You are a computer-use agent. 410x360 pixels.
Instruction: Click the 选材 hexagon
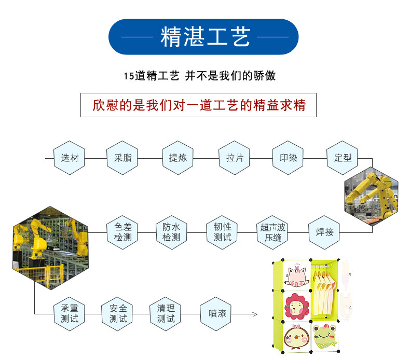69,158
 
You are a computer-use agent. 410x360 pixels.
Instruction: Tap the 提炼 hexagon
177,158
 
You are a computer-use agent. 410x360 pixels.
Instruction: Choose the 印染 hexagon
288,158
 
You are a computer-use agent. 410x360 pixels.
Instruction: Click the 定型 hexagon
343,158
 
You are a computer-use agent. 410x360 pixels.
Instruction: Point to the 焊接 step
324,232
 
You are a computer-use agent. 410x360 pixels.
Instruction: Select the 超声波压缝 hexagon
273,232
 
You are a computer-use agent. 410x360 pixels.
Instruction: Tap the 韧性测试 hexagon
222,232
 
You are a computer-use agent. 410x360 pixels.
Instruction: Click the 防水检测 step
171,232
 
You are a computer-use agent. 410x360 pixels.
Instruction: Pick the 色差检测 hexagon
122,232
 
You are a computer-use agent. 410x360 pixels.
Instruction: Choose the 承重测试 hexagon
69,313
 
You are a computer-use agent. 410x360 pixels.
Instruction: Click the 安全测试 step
118,313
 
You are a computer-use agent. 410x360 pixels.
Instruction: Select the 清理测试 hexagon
166,313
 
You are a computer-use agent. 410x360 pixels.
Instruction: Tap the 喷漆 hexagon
217,313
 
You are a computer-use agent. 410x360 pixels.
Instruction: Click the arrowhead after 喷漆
254,314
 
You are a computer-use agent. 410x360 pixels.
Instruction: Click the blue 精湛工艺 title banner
203,37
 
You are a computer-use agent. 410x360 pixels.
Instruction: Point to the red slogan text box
199,105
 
